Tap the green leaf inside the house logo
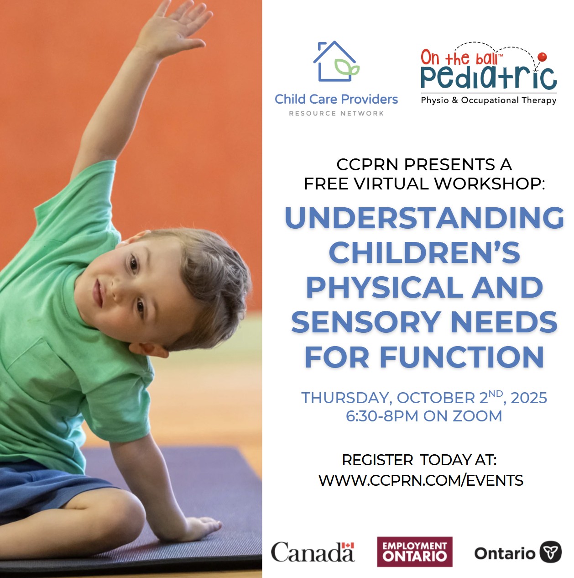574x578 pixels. [347, 68]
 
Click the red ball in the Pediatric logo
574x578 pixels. [542, 57]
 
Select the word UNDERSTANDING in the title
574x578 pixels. [424, 218]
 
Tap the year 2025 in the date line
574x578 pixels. [529, 398]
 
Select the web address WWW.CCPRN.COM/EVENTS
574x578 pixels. [421, 480]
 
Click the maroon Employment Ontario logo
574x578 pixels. [414, 552]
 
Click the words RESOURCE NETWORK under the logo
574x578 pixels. [336, 113]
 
